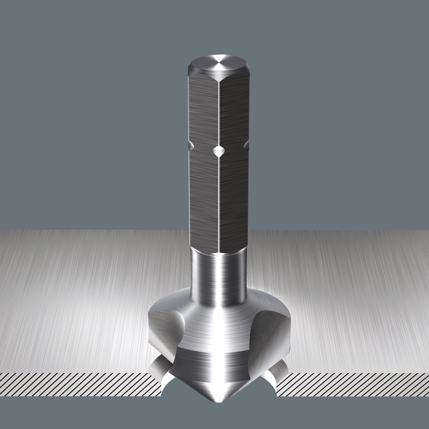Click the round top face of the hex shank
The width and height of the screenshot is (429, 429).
click(x=219, y=65)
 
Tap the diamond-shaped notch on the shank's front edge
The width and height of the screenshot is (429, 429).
click(x=219, y=151)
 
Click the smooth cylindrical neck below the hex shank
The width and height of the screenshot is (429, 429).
click(x=219, y=275)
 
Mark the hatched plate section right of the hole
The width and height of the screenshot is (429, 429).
click(x=352, y=384)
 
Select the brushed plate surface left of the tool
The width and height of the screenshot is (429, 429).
click(x=86, y=300)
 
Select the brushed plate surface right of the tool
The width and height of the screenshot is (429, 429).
click(x=352, y=300)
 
